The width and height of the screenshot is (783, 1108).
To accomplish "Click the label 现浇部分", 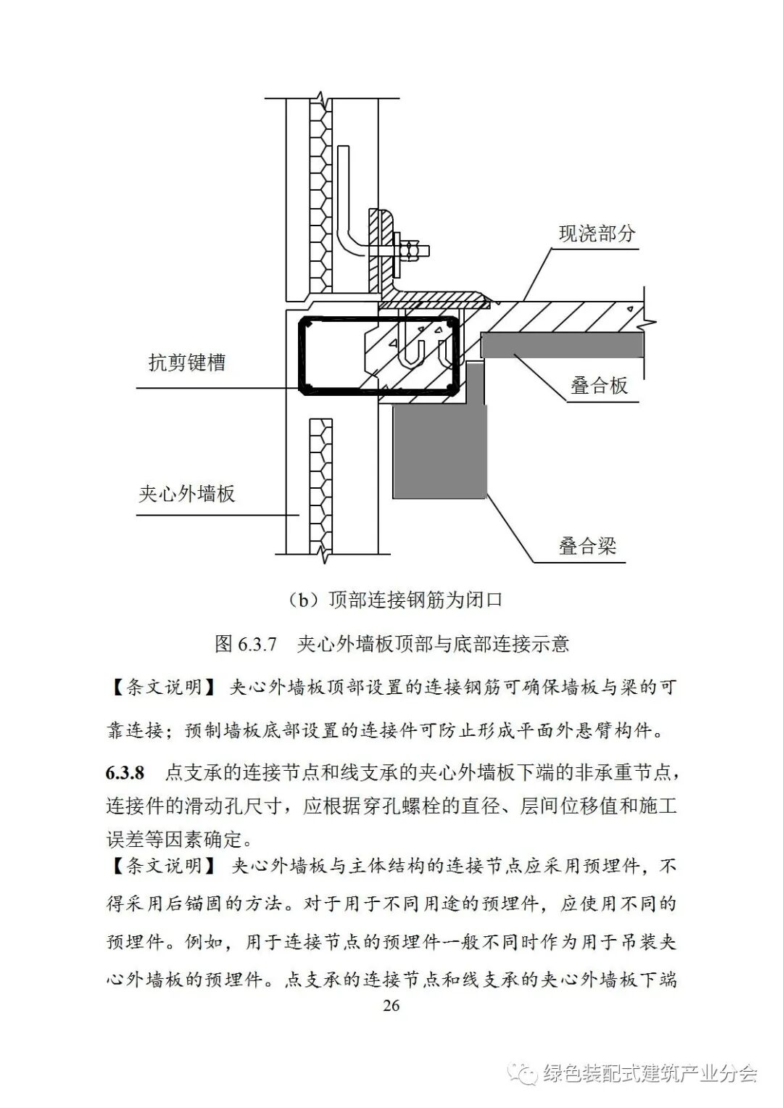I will (x=597, y=233).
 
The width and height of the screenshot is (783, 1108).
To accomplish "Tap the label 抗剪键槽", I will (x=187, y=363).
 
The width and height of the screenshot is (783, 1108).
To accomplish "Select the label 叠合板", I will (x=599, y=386).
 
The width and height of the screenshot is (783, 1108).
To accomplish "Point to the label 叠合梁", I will (x=587, y=545).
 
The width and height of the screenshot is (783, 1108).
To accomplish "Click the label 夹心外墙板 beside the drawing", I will (x=187, y=495).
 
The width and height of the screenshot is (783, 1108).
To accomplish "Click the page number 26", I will (x=391, y=1005).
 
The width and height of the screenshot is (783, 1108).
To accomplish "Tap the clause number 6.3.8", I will (x=125, y=772).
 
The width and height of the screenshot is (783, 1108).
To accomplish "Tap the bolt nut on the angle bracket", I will (x=411, y=251).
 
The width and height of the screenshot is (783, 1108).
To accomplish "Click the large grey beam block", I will (x=439, y=450).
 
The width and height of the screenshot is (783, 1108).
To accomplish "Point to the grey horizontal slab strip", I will (x=562, y=345).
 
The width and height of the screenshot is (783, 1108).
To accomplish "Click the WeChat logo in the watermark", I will (x=523, y=1072).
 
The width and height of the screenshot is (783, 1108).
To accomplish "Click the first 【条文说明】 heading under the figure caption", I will (x=161, y=687).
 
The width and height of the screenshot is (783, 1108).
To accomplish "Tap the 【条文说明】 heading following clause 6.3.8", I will (x=161, y=866).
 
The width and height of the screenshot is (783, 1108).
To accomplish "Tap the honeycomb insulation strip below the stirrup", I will (x=319, y=486).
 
